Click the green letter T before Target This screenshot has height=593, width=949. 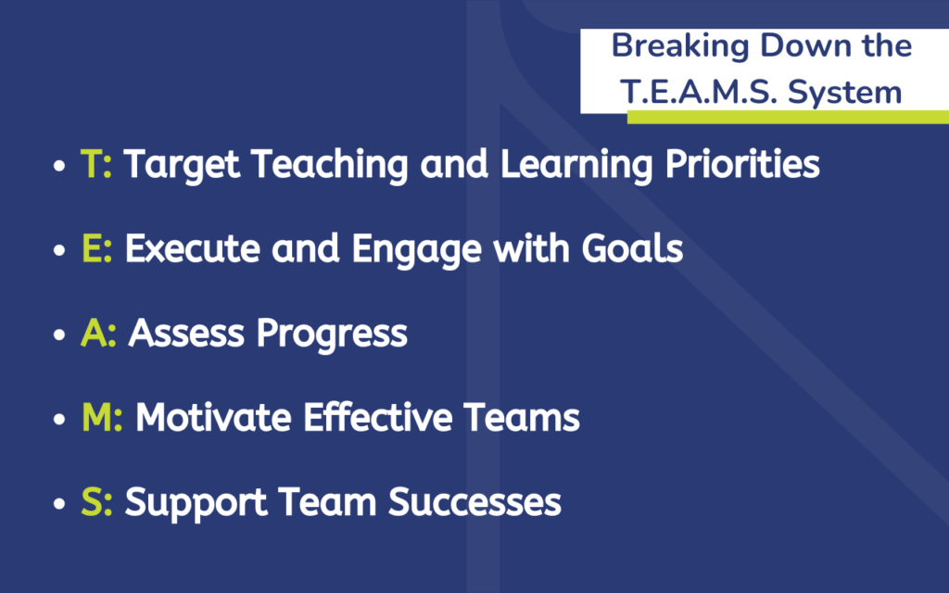[92, 163]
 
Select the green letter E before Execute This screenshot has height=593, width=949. [92, 248]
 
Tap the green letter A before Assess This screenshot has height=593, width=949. [94, 333]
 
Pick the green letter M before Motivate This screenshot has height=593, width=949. [97, 418]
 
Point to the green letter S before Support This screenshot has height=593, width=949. [92, 502]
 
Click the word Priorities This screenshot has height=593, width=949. [742, 165]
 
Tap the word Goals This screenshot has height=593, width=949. [632, 248]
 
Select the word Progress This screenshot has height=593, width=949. [332, 334]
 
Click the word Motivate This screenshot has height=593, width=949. [213, 418]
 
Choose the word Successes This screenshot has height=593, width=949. [474, 502]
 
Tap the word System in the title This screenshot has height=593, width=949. [845, 94]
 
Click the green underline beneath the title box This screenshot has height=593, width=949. [788, 118]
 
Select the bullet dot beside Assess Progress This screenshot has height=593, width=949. [58, 334]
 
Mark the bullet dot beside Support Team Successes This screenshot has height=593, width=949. [58, 504]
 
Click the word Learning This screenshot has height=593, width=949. [576, 165]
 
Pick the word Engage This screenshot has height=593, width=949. [416, 249]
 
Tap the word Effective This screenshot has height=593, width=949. [378, 418]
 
